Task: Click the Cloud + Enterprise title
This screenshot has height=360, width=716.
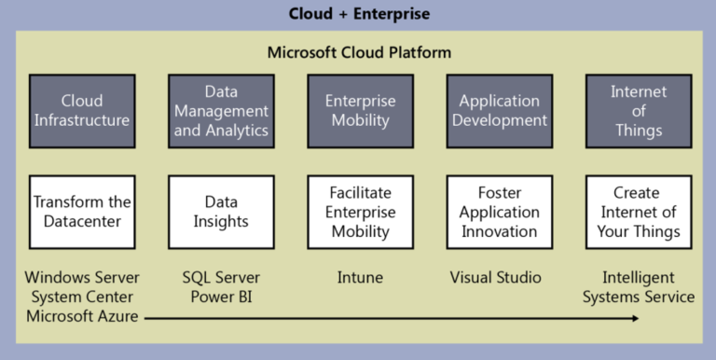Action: [x=359, y=14]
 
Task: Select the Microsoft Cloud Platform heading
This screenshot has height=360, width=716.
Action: [x=359, y=51]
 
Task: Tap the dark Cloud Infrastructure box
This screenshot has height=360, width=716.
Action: [x=81, y=111]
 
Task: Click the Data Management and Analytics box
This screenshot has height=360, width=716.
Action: [x=221, y=111]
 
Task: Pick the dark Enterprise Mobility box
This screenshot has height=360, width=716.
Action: [x=360, y=111]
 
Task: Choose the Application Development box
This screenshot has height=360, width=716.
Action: [x=499, y=111]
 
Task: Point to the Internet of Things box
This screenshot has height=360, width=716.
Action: [x=639, y=111]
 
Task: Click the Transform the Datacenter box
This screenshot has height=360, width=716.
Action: [x=81, y=212]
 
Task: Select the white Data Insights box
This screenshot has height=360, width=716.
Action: [x=221, y=212]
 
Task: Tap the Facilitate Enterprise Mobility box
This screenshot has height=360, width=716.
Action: [x=360, y=212]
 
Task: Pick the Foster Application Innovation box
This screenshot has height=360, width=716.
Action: [x=499, y=212]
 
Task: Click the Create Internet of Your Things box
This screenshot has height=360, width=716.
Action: [x=639, y=212]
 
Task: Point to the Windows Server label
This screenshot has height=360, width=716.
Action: [x=81, y=278]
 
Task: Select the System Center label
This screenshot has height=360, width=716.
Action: [x=81, y=298]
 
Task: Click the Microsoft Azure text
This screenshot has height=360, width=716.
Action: [x=81, y=317]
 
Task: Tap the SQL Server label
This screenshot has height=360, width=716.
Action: [x=221, y=278]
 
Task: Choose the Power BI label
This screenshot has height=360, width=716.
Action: [x=221, y=298]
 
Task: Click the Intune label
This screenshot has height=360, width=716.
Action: [x=360, y=278]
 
